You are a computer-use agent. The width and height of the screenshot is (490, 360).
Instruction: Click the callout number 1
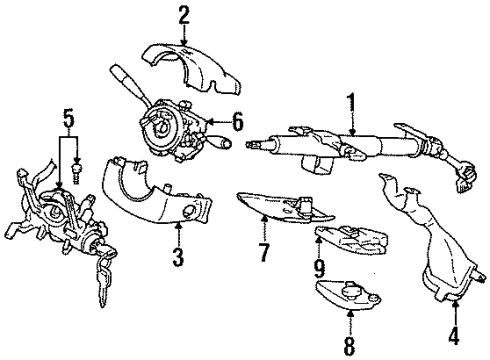point(352,102)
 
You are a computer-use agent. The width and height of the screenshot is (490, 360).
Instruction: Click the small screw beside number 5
point(76,176)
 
